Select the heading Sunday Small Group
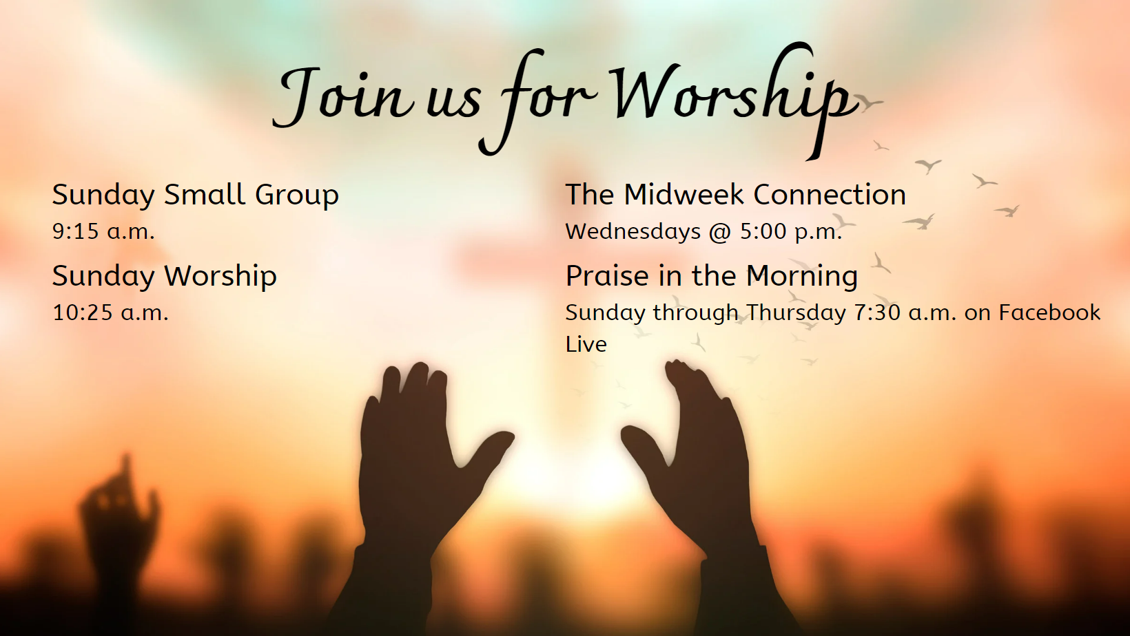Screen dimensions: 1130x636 coord(195,195)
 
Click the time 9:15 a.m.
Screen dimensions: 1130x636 coord(103,231)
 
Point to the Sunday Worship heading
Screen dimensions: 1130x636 coord(165,276)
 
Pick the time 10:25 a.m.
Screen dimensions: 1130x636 coord(110,312)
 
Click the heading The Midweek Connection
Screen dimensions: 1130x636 coord(735,195)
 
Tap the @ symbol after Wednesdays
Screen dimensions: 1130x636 coord(720,232)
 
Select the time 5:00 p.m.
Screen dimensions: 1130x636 coord(791,231)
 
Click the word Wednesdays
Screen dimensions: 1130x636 coord(633,231)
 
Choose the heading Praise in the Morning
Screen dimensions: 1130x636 coord(711,276)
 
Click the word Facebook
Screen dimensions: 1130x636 coord(1049,312)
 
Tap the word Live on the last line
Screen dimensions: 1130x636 coord(586,344)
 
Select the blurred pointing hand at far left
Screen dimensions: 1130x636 coord(119,509)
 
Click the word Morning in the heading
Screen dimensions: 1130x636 coord(801,277)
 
